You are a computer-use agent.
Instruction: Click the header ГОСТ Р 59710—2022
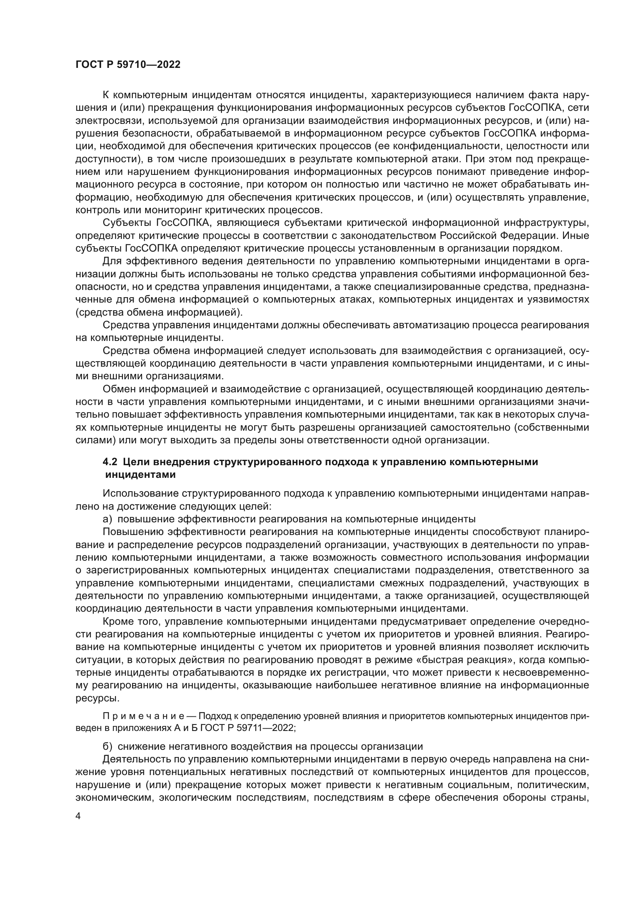(x=128, y=65)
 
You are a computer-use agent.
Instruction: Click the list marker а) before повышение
(x=107, y=519)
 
